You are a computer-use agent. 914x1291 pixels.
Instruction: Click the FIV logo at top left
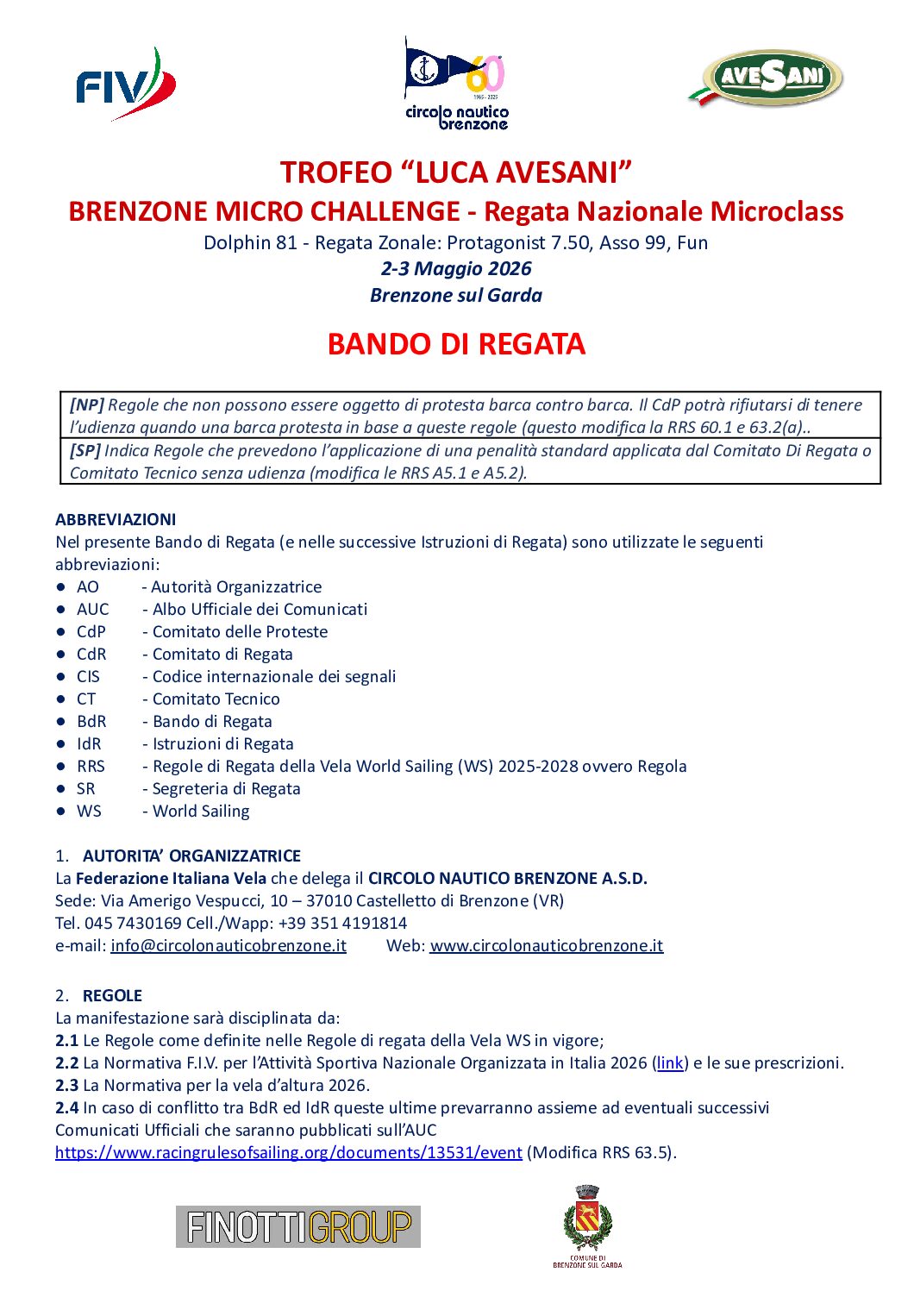tap(125, 85)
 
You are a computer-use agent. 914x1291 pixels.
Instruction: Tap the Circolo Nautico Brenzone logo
tap(456, 85)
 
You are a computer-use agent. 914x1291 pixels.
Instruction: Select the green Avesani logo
tap(766, 79)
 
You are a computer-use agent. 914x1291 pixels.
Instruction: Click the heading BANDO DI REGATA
tap(456, 344)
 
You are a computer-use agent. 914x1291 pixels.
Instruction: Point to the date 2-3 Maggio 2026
tap(456, 268)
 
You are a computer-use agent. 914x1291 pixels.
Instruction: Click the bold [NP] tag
tap(87, 404)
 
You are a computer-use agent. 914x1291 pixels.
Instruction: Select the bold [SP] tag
tap(85, 450)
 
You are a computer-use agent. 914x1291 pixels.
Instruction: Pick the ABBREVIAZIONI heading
tap(116, 519)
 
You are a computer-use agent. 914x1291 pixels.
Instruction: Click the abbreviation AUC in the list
tap(93, 609)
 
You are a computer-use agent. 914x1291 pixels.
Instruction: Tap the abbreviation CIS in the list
tap(88, 676)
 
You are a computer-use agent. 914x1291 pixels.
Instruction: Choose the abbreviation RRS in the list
tap(91, 766)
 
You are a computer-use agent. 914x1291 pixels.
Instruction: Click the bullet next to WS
tap(61, 811)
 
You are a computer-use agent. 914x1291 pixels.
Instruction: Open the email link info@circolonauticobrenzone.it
tap(228, 945)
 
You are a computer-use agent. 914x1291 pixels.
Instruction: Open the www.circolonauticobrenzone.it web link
tap(547, 945)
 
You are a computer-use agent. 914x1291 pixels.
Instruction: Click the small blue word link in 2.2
tap(670, 1062)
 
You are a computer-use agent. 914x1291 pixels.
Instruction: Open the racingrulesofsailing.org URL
tap(289, 1152)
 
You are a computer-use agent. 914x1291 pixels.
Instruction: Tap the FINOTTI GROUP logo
tap(298, 1226)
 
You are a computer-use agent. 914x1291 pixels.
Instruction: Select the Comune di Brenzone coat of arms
tap(587, 1225)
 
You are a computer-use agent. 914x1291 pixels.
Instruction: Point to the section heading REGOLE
tap(112, 995)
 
